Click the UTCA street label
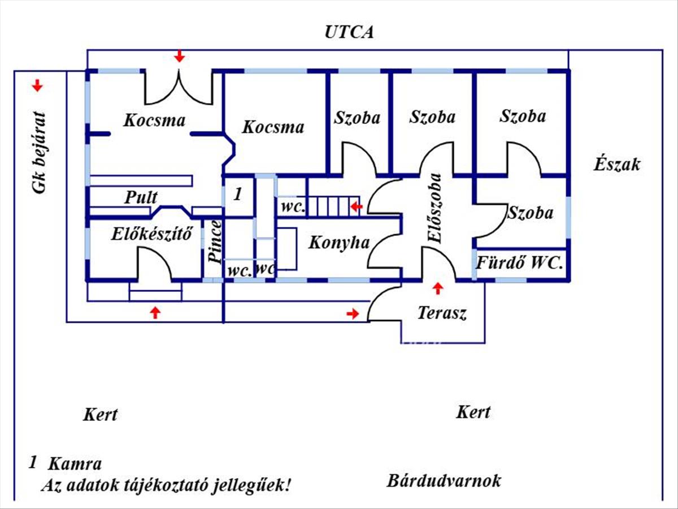tap(349, 32)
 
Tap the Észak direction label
tap(617, 165)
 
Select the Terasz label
tap(442, 313)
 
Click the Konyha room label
tap(339, 243)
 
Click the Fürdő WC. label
tap(520, 263)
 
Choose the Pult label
tap(141, 197)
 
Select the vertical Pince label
tap(215, 241)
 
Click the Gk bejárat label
tap(38, 153)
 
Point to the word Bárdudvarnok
tap(444, 481)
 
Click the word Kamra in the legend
tap(75, 464)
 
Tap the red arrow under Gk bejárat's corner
tap(37, 85)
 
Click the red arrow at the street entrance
tap(180, 56)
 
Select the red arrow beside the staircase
tap(357, 207)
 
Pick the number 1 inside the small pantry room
tap(238, 194)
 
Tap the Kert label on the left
tap(101, 415)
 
